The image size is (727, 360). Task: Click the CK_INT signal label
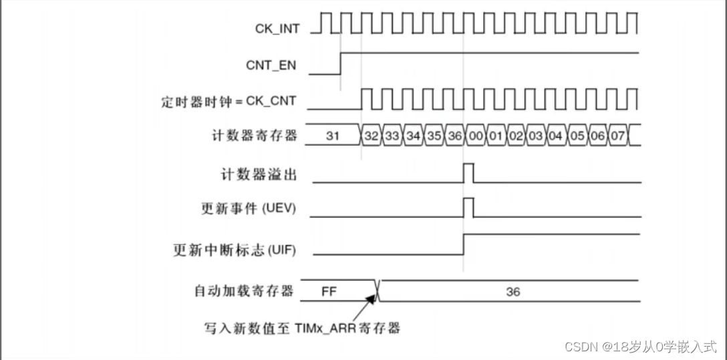pyautogui.click(x=277, y=29)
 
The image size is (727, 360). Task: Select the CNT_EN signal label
pyautogui.click(x=271, y=65)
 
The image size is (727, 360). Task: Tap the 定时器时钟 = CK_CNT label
pyautogui.click(x=229, y=102)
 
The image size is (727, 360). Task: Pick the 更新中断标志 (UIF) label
pyautogui.click(x=235, y=251)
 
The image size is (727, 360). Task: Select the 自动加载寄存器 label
pyautogui.click(x=244, y=291)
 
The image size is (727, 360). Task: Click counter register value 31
pyautogui.click(x=333, y=136)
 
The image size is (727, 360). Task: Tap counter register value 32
pyautogui.click(x=372, y=136)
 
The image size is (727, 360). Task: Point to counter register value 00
pyautogui.click(x=475, y=136)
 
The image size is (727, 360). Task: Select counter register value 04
pyautogui.click(x=556, y=136)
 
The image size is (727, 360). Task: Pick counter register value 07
pyautogui.click(x=617, y=136)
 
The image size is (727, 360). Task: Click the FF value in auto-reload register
pyautogui.click(x=329, y=292)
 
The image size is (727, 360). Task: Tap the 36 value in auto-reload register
pyautogui.click(x=513, y=292)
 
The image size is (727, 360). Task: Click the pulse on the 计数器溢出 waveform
pyautogui.click(x=468, y=172)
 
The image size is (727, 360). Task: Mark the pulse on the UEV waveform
pyautogui.click(x=468, y=207)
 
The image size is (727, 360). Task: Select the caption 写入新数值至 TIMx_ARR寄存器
pyautogui.click(x=302, y=329)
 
